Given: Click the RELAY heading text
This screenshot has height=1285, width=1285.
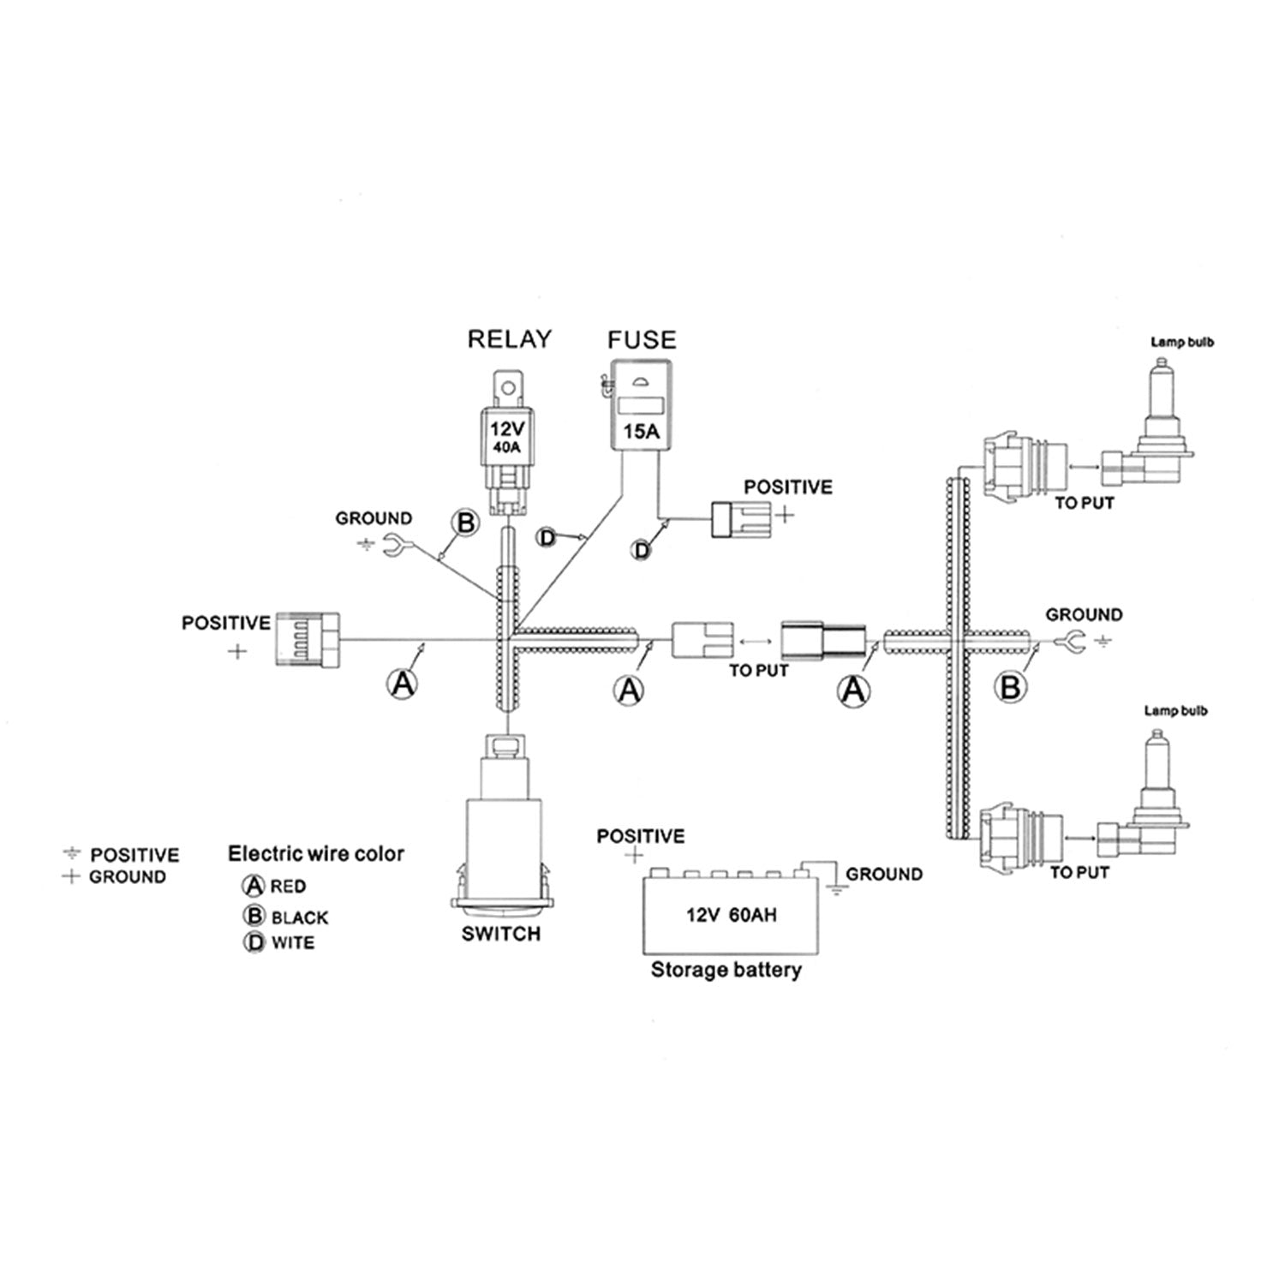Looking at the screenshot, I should tap(509, 339).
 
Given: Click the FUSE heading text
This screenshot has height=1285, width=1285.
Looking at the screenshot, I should tap(642, 340).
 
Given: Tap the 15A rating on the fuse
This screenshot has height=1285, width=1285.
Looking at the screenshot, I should tap(641, 431).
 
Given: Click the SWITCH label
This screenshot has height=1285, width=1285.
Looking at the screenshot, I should tap(501, 934).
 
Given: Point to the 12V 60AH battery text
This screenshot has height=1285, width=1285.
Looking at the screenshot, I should tap(731, 915).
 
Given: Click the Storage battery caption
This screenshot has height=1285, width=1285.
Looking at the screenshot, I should tap(726, 970).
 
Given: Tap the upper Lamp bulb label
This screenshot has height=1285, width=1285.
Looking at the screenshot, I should tap(1182, 343).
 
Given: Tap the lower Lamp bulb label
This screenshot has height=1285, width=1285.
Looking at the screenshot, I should tap(1175, 711).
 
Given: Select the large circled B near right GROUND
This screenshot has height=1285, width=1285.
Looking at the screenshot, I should tap(1011, 686).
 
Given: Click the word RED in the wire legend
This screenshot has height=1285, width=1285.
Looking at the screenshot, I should tap(288, 887).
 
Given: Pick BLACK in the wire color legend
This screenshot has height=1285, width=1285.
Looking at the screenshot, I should tap(300, 917).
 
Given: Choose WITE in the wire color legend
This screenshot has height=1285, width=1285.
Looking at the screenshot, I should tap(293, 943).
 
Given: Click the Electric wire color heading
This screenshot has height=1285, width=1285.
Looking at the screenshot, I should tap(315, 853).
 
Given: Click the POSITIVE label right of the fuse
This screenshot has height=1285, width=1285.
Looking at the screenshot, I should tap(787, 487).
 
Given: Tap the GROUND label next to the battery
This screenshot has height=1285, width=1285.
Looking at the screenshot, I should tap(884, 874).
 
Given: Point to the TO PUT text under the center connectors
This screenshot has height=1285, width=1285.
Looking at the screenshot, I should tap(758, 670).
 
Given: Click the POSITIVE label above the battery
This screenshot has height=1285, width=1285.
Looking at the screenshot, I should tap(641, 836).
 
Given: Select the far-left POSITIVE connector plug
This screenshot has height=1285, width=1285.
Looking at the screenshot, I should tap(305, 638).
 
